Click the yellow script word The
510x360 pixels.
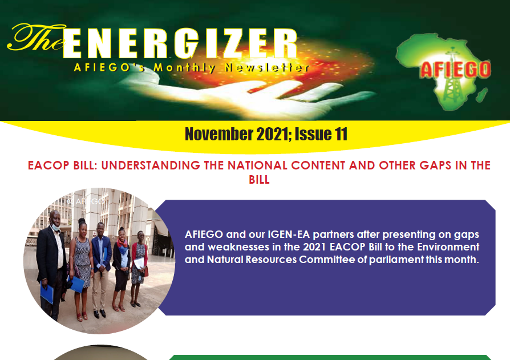pyautogui.click(x=37, y=38)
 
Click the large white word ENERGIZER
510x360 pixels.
pyautogui.click(x=180, y=43)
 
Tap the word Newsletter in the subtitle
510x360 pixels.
pyautogui.click(x=267, y=67)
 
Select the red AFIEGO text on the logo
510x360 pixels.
pyautogui.click(x=455, y=69)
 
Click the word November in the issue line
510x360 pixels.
pyautogui.click(x=219, y=134)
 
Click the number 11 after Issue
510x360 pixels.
pyautogui.click(x=342, y=134)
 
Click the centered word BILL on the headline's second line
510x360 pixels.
pyautogui.click(x=259, y=180)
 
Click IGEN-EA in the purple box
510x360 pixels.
pyautogui.click(x=289, y=234)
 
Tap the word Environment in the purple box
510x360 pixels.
pyautogui.click(x=448, y=247)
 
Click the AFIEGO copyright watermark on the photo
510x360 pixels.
pyautogui.click(x=86, y=201)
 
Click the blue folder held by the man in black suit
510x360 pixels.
pyautogui.click(x=47, y=294)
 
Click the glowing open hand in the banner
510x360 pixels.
pyautogui.click(x=247, y=94)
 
